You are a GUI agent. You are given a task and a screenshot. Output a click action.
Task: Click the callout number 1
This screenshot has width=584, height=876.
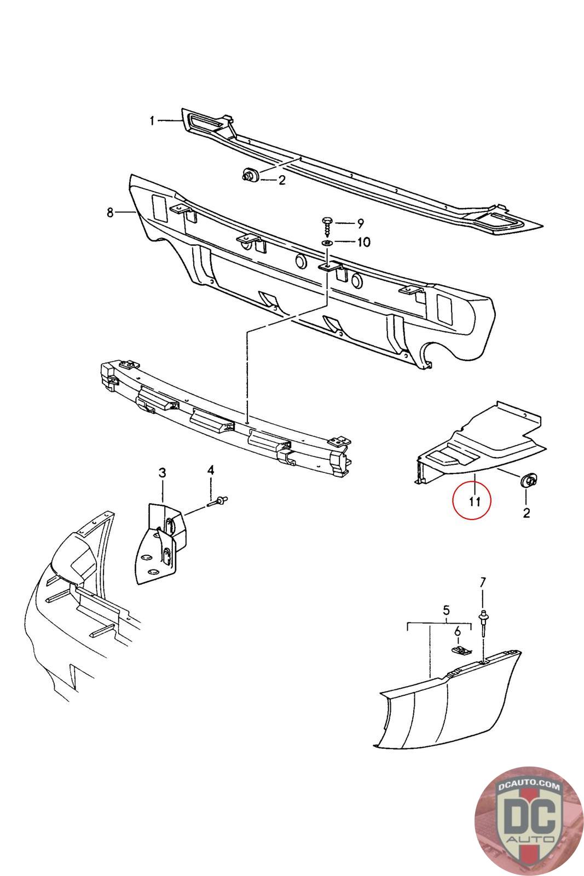[152, 121]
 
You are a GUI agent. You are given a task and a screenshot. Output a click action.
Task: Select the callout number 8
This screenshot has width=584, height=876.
[110, 212]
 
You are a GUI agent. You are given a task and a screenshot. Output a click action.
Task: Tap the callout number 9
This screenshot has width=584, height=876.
[360, 223]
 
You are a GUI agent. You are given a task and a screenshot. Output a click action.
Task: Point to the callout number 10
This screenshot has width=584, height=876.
[363, 242]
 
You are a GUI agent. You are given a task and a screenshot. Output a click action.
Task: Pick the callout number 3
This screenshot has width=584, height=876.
[162, 472]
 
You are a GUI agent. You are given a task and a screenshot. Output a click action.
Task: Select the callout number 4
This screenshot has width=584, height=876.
[210, 470]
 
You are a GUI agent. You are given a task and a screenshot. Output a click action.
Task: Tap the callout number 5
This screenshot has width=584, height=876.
[446, 609]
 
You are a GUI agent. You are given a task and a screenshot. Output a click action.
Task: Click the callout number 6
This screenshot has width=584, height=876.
[458, 631]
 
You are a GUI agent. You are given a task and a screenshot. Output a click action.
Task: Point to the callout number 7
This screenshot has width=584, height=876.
[482, 582]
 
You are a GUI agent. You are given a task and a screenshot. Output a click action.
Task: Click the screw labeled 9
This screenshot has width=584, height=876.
[327, 224]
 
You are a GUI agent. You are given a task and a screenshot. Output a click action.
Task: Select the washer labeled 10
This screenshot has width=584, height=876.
[327, 243]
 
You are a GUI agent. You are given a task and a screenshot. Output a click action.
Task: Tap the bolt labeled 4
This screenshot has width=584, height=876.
[219, 500]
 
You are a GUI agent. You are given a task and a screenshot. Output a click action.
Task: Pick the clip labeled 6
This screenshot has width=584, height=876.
[462, 651]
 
